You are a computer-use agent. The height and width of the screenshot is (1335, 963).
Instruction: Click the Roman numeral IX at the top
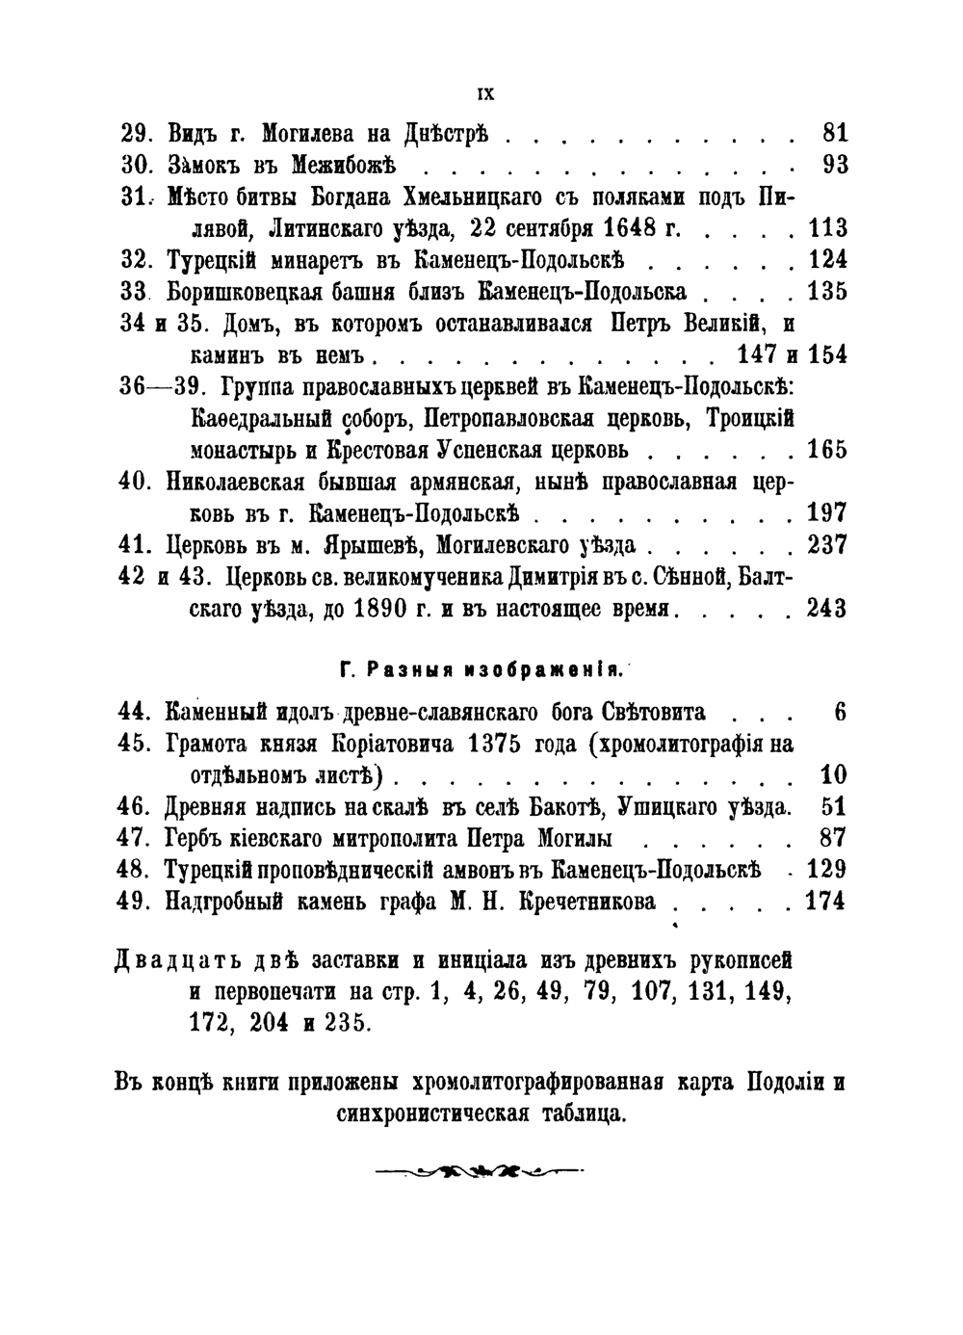485,94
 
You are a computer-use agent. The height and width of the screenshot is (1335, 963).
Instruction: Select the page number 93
835,165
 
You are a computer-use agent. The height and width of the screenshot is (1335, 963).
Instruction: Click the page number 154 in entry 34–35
828,354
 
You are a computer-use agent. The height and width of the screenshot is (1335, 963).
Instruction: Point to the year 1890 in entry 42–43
358,609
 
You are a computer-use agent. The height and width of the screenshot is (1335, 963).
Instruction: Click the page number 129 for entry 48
826,870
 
